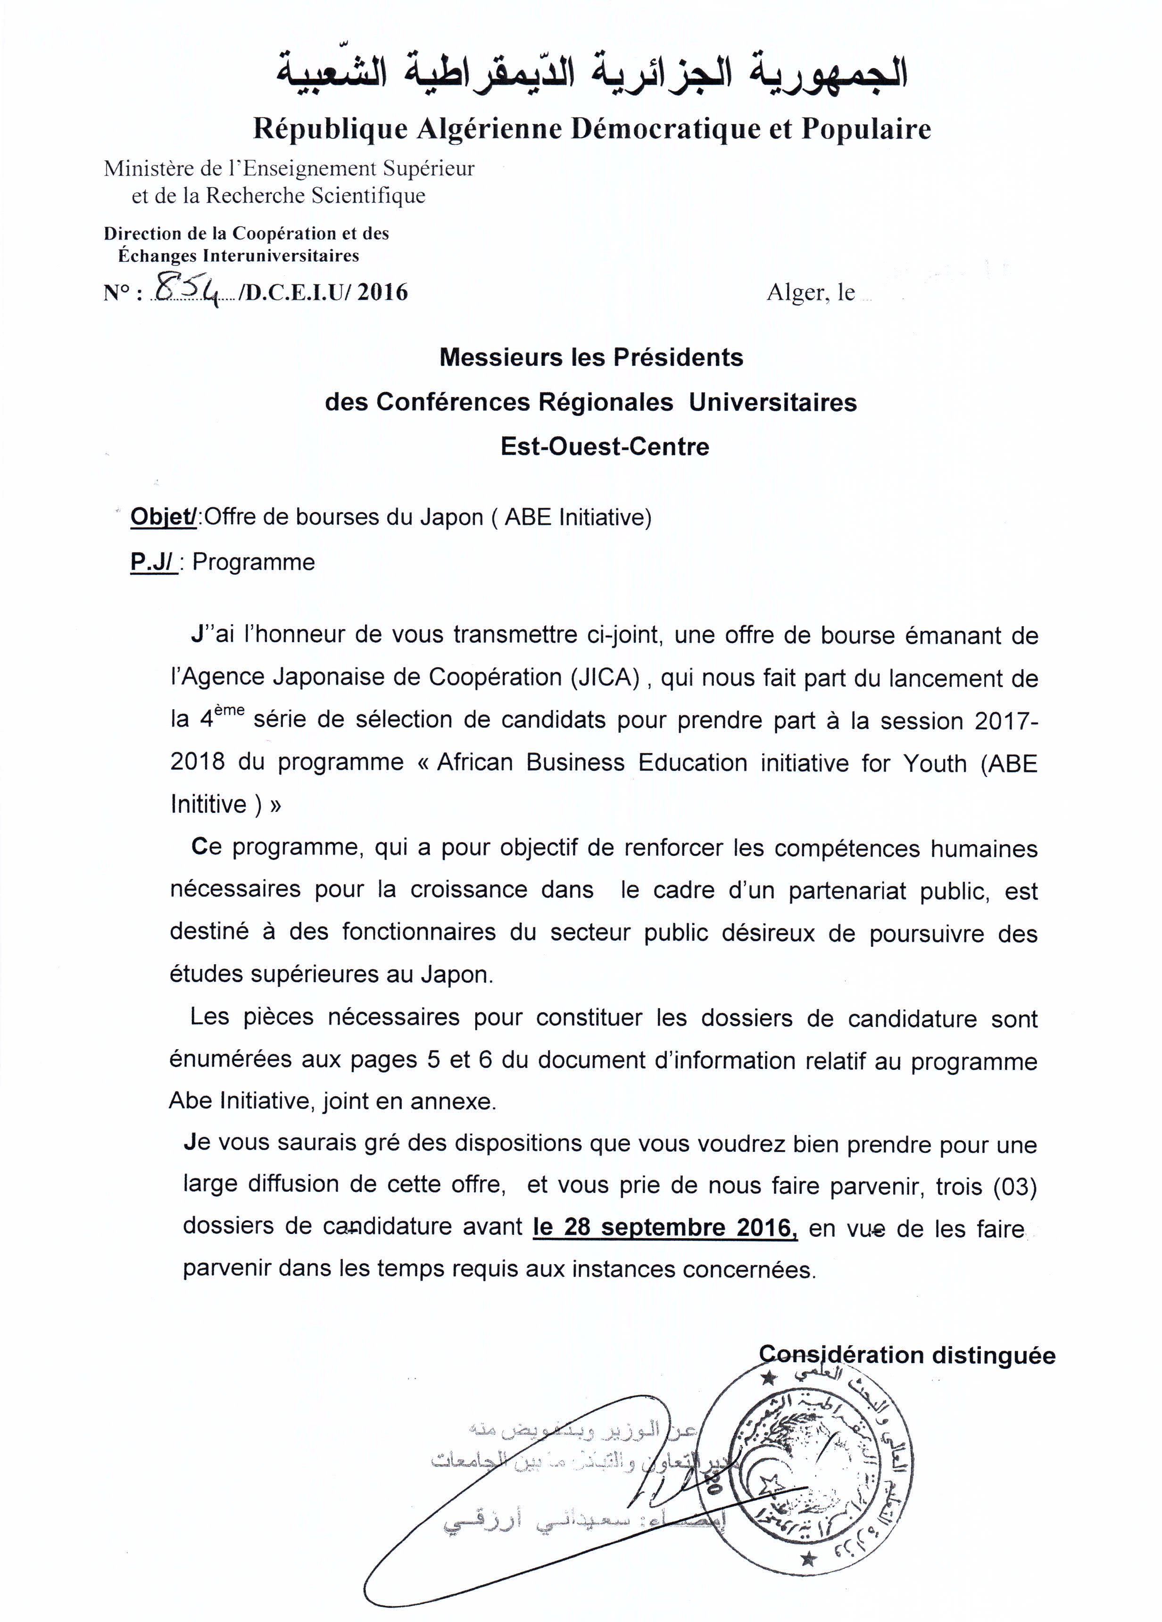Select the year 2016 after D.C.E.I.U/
pyautogui.click(x=382, y=292)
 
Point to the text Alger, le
pyautogui.click(x=810, y=292)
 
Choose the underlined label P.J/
pyautogui.click(x=152, y=562)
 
